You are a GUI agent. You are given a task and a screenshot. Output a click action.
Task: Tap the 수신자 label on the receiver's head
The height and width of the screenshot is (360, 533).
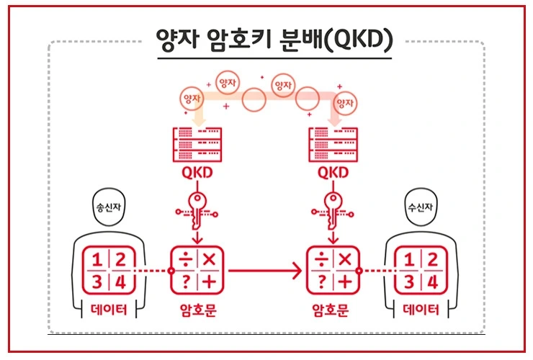click(x=421, y=207)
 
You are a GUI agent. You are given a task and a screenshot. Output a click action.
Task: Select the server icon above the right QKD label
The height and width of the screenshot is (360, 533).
click(x=333, y=144)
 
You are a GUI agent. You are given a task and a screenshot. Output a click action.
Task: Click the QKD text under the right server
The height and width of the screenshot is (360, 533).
click(x=333, y=173)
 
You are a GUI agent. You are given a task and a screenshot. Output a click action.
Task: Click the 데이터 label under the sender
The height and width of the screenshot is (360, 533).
click(x=109, y=312)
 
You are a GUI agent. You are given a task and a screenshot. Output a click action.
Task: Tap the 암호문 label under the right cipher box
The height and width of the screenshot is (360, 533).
click(x=333, y=312)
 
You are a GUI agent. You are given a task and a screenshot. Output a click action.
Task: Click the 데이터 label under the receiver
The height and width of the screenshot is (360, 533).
click(x=421, y=312)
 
